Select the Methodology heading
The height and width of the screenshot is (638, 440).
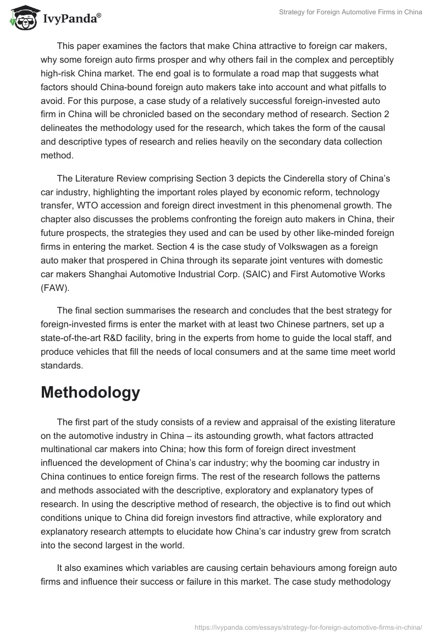point(91,392)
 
